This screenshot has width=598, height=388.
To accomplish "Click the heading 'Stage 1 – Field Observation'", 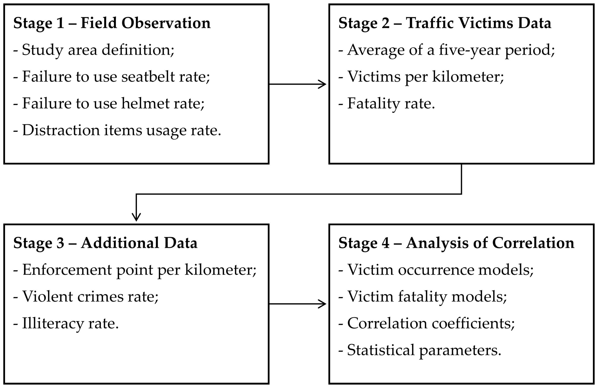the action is click(x=112, y=23).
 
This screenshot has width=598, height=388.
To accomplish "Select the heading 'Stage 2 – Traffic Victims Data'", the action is click(x=445, y=23).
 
